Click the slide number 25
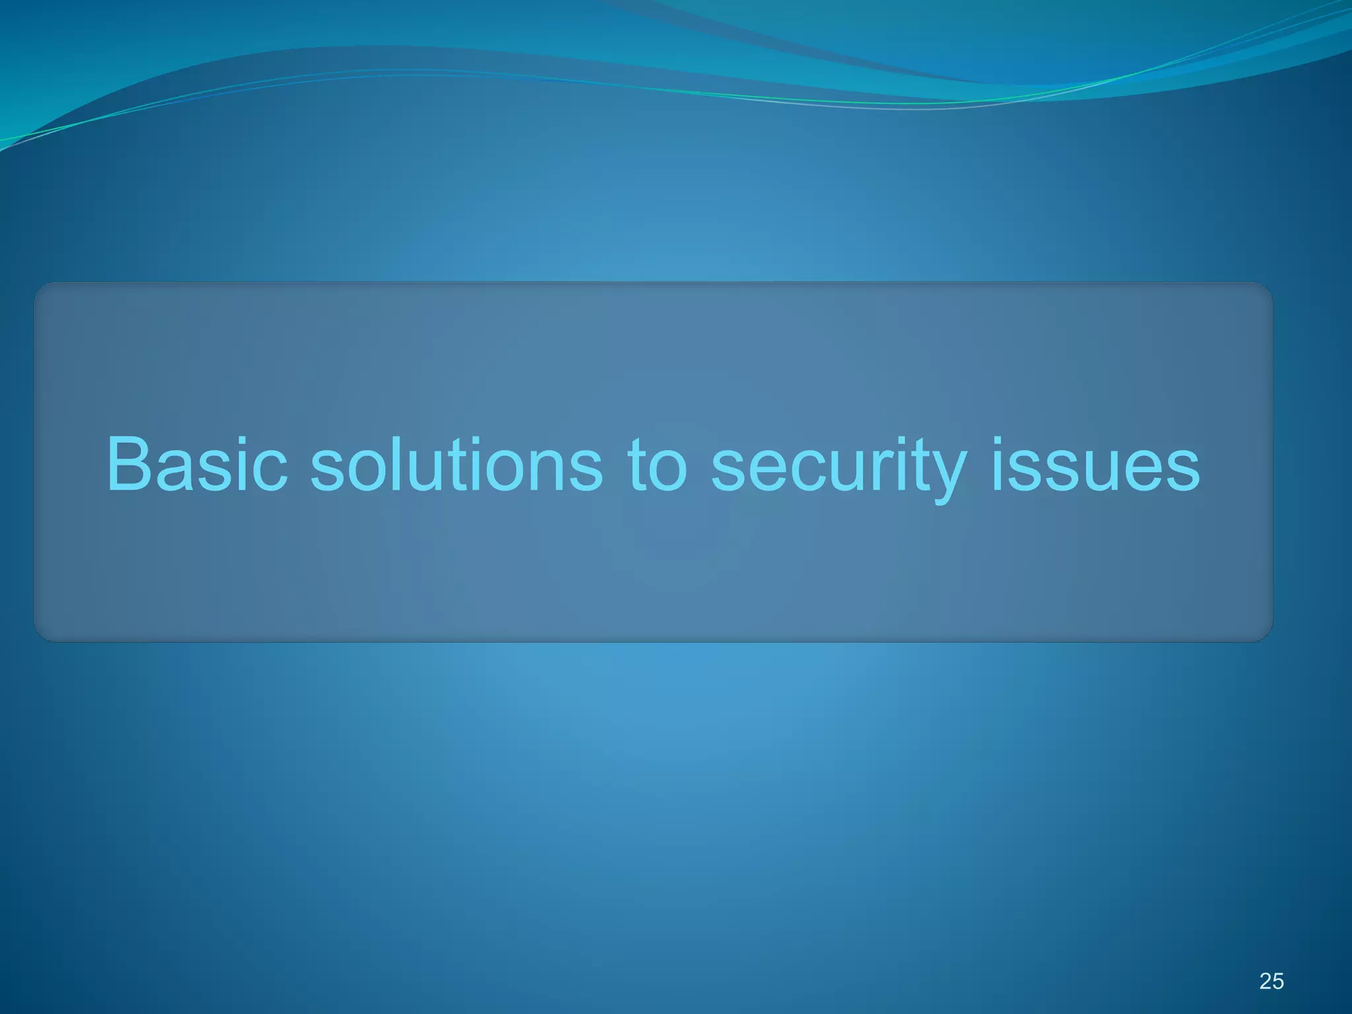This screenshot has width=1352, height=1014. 1271,981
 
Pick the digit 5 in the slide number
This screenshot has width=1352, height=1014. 1278,981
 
